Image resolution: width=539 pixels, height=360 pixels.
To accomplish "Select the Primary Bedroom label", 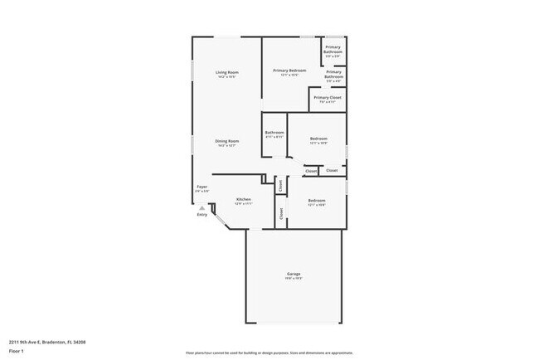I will (x=289, y=71).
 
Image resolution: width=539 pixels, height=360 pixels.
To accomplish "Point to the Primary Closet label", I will (x=328, y=97).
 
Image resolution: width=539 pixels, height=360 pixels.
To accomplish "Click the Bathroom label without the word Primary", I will (x=274, y=133).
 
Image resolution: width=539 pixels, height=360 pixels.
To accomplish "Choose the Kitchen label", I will (x=244, y=199).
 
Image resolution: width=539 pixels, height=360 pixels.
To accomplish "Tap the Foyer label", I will (x=202, y=187).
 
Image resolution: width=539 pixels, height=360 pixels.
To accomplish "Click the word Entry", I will (x=202, y=215).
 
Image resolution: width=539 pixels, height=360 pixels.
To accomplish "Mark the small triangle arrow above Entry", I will (x=202, y=207).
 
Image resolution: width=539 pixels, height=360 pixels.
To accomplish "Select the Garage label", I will (x=294, y=273).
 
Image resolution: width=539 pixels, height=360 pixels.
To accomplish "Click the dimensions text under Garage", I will (x=294, y=278).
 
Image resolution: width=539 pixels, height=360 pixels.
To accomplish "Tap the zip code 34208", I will (x=78, y=342).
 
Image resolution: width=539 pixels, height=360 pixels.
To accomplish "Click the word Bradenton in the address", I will (x=52, y=342).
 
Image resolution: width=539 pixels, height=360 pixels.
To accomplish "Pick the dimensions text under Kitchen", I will (x=244, y=204).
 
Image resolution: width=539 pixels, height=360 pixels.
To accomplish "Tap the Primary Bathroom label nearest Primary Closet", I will (x=333, y=74).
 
